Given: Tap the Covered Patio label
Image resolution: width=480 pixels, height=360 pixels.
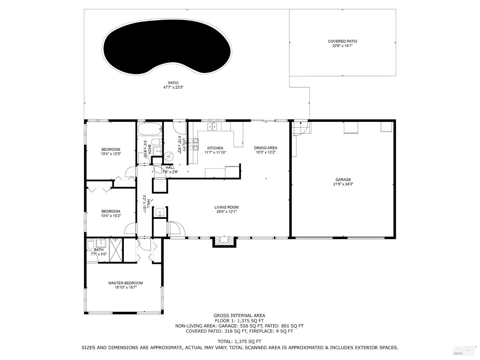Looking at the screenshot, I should coord(342,41).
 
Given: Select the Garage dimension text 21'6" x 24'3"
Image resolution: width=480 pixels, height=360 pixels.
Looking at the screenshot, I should coord(343,184).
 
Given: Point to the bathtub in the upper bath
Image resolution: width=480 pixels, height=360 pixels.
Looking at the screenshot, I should coord(150,130).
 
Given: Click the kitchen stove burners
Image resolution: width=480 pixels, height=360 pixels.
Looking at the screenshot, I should coord(193,144).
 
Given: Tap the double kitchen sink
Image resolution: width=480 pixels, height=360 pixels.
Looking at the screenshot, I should coord(212,127).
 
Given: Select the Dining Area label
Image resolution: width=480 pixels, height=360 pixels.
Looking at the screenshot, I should coord(266,148).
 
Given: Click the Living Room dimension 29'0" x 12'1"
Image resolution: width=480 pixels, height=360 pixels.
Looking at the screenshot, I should coord(227,212).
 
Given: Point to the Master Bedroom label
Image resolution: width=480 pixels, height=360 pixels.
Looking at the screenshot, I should coord(125,283).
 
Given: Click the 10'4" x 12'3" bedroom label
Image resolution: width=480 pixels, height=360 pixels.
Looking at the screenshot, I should coord(111,154).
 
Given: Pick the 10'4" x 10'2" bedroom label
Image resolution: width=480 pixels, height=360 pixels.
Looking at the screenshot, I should coord(111,215).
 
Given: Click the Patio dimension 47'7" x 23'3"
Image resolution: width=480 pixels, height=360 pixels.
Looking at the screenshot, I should coord(173,87).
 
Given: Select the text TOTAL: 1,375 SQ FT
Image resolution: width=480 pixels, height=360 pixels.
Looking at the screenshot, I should coord(239,341).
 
